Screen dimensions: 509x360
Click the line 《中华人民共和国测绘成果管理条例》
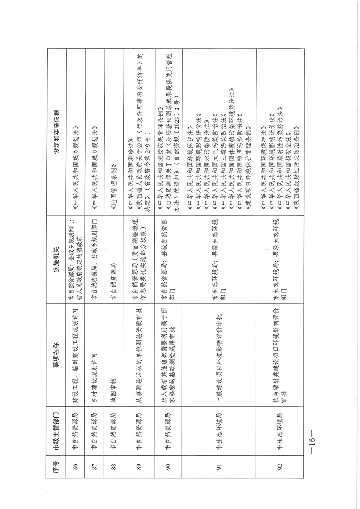click(x=160, y=137)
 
